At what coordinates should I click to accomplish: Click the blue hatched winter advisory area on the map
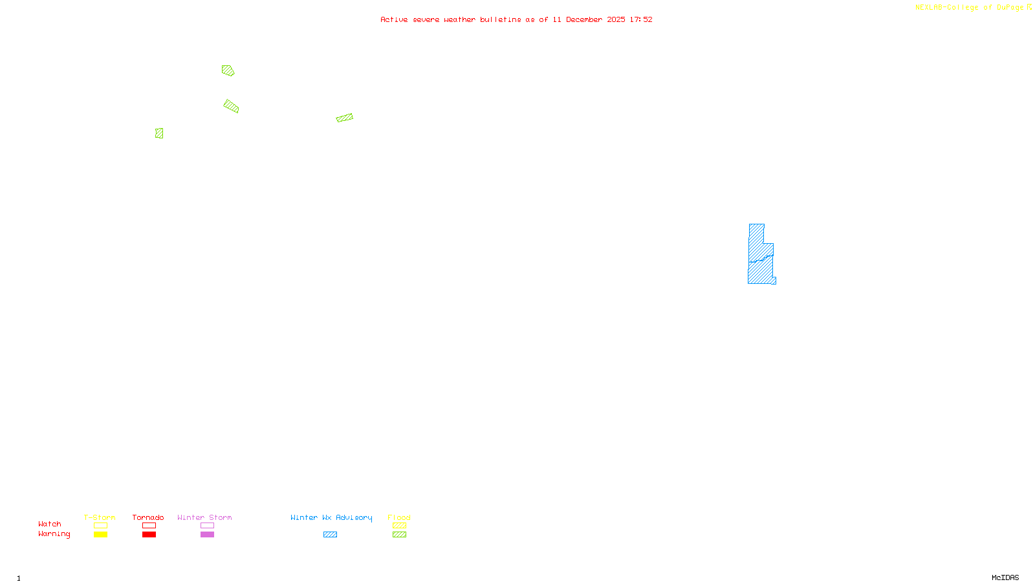[760, 259]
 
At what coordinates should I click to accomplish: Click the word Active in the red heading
[394, 19]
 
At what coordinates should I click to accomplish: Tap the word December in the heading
[584, 19]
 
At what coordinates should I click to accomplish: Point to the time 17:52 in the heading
[641, 19]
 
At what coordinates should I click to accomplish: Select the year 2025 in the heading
[616, 19]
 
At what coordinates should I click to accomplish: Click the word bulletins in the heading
[501, 19]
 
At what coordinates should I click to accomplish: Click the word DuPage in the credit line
[1010, 7]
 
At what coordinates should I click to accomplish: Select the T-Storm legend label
[100, 517]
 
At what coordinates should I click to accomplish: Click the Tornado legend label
[148, 517]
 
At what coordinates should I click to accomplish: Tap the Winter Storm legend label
[204, 517]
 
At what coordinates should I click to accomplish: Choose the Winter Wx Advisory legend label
[331, 517]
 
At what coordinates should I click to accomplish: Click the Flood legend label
[399, 517]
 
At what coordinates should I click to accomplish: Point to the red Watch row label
[50, 524]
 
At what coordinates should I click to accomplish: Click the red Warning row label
[54, 534]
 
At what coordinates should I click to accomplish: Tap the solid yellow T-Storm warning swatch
[100, 534]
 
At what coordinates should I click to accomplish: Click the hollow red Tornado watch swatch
[149, 526]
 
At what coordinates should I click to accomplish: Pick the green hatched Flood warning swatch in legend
[399, 534]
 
